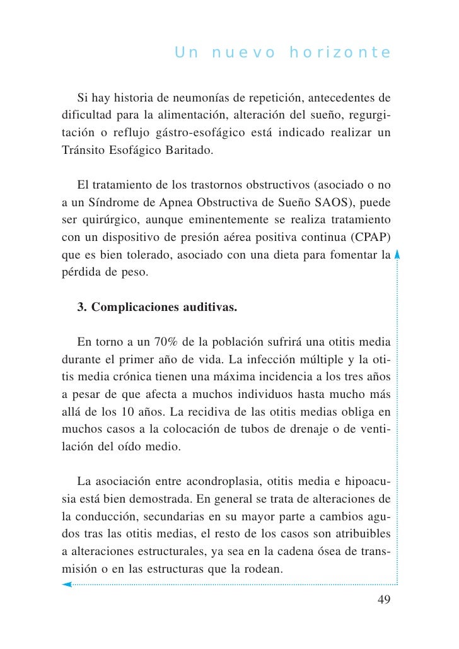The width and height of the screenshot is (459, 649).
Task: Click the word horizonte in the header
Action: (x=340, y=52)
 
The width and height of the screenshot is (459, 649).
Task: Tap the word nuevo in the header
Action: (x=243, y=52)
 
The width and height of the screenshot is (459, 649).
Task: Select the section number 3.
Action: (x=81, y=308)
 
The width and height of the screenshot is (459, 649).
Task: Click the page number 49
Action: (x=383, y=599)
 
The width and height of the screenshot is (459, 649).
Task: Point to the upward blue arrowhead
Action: (x=397, y=255)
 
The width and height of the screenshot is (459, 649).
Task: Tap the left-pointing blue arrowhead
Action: (x=66, y=585)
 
